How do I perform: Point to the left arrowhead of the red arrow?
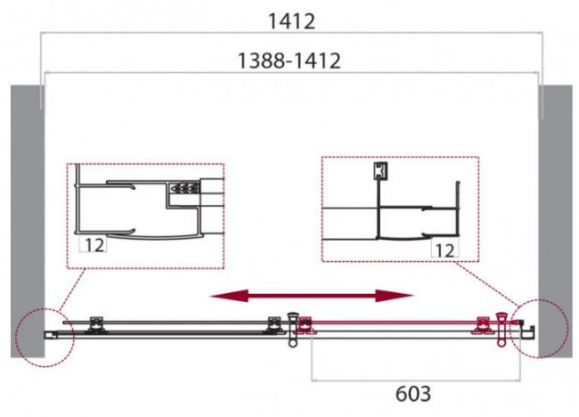[x=215, y=295]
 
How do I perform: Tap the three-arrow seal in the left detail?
[x=183, y=189]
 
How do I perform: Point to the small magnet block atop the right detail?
[x=381, y=169]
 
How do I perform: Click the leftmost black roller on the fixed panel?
[x=96, y=323]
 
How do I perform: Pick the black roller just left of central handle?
[x=273, y=323]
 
